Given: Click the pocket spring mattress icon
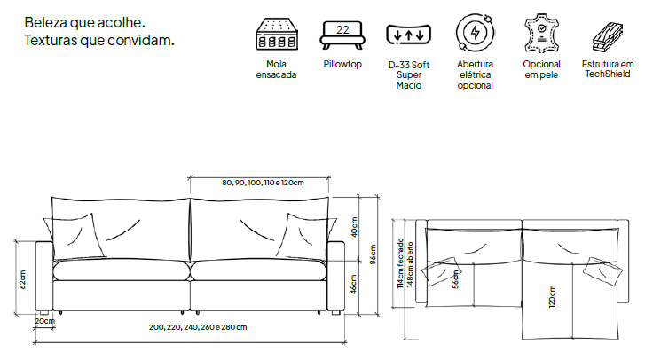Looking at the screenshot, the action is (x=277, y=34).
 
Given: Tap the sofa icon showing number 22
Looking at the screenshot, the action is (x=342, y=35).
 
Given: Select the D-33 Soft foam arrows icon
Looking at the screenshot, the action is (x=408, y=35).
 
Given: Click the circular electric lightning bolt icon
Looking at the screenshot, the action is (x=476, y=33).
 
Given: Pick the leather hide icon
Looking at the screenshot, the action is (x=541, y=34).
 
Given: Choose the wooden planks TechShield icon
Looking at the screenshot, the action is (x=608, y=37).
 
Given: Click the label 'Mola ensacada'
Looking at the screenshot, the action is (x=276, y=69).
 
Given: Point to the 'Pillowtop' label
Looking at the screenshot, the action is (x=342, y=64).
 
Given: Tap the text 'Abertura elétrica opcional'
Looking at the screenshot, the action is (x=476, y=74).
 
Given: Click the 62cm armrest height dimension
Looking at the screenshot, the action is (x=23, y=279).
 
